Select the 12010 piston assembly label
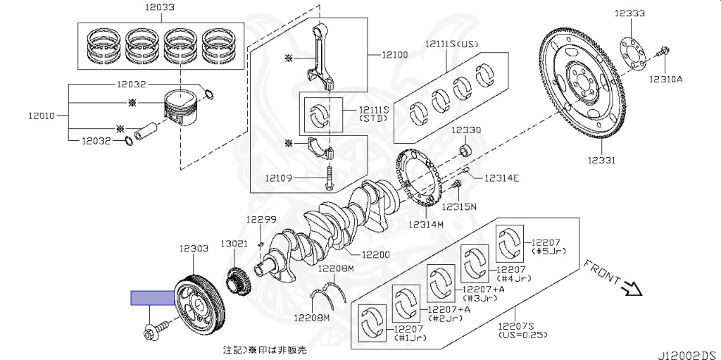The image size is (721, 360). coord(42,116)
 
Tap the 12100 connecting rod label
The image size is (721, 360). coord(394,55)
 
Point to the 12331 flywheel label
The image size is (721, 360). coord(601,160)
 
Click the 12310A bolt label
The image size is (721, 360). coord(665,79)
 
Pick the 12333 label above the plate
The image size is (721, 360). coord(629,13)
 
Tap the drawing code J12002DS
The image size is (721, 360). coord(689,355)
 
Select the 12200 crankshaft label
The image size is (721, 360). coord(375,254)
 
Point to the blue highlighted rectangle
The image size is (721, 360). coord(153,298)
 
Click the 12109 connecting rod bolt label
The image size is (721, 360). coord(279,178)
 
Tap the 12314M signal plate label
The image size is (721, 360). coord(426,224)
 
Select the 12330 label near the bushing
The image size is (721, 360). coord(466,130)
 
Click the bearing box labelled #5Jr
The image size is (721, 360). coord(510,244)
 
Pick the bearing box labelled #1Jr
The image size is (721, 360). coord(372,323)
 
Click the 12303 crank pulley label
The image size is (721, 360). coord(194,248)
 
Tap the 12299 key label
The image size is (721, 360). coord(261,220)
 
